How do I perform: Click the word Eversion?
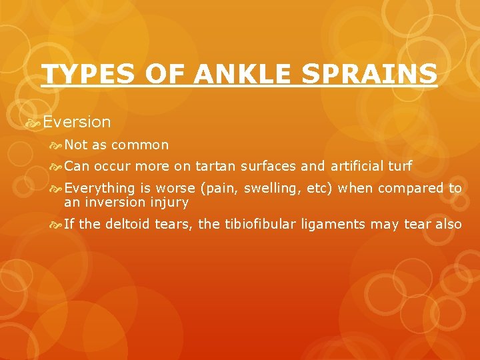point(77,122)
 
